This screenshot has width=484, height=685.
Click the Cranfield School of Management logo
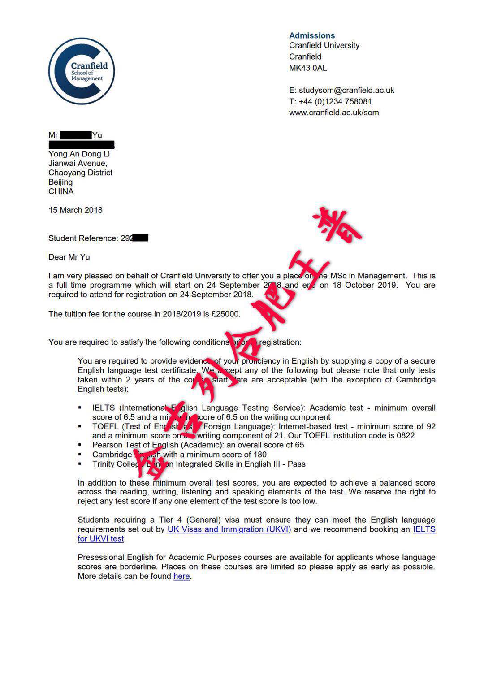tap(82, 71)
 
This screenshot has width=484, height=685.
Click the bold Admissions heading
tap(312, 35)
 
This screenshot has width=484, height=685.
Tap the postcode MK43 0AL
tap(308, 68)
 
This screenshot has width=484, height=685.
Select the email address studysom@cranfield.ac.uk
tap(346, 90)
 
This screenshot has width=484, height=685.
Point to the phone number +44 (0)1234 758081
tap(335, 102)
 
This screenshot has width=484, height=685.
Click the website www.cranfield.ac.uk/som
tap(334, 113)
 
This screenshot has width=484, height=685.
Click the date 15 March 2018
tap(75, 210)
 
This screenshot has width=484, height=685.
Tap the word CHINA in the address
tap(61, 191)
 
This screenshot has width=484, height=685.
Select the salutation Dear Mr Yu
tap(69, 257)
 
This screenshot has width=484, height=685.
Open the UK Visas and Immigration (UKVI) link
tap(229, 529)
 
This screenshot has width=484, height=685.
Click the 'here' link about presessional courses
tap(181, 576)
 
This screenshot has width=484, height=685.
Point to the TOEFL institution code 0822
tap(406, 435)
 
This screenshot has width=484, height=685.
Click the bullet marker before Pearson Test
tap(80, 445)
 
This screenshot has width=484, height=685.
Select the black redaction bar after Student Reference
tap(141, 238)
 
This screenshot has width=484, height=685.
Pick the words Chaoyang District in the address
tap(80, 173)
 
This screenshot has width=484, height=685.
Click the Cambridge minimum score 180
tap(259, 455)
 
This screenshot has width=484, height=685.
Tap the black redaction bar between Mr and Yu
tap(75, 135)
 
